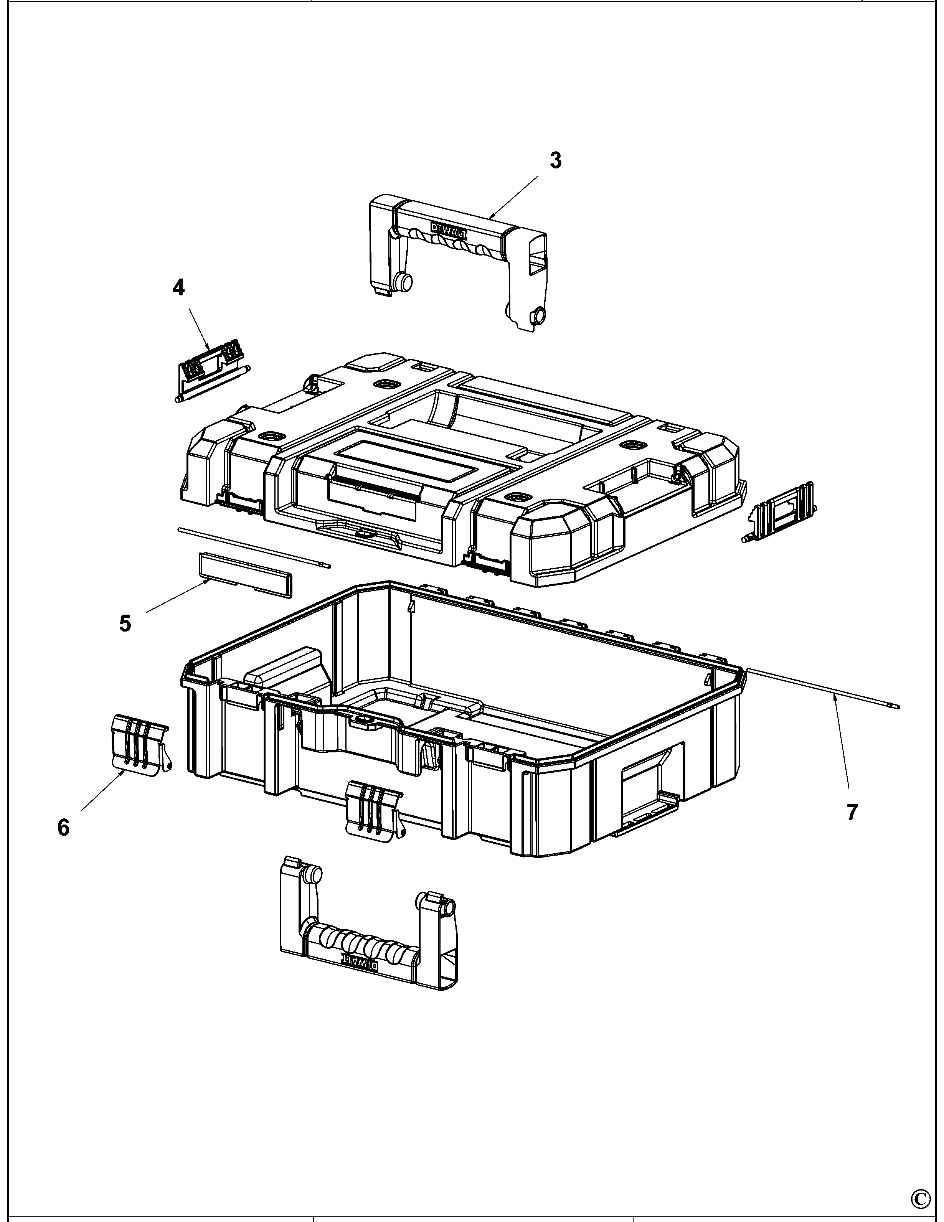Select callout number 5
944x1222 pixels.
[x=125, y=623]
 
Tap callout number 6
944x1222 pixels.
[x=63, y=827]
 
